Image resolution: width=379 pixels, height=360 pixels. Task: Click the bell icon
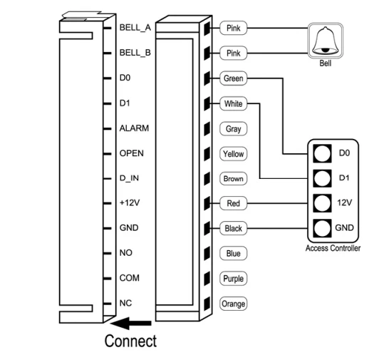tap(325, 41)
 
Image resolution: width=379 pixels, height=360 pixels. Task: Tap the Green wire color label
tap(233, 78)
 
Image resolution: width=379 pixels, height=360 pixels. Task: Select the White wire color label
tap(233, 103)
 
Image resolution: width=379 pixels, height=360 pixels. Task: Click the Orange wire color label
tap(233, 304)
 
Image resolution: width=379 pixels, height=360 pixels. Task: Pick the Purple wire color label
tap(233, 279)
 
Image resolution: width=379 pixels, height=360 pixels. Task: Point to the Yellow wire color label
tap(233, 154)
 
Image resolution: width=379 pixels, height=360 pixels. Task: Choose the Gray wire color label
tap(233, 129)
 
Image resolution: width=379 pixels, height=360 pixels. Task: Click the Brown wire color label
tap(233, 178)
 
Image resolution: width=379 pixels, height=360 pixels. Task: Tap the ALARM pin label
tap(134, 128)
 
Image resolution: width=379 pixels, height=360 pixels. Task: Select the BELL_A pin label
tap(135, 28)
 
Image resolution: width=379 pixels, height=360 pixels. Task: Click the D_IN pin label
tap(129, 178)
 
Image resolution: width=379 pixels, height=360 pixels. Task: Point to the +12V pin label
tap(130, 202)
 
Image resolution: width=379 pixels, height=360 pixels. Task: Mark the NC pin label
tap(125, 303)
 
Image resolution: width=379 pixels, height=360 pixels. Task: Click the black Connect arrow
tap(131, 323)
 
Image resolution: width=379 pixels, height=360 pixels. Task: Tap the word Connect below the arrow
tap(130, 341)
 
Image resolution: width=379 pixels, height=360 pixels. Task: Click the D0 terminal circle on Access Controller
tap(322, 153)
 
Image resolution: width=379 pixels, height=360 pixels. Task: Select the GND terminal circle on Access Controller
tap(322, 228)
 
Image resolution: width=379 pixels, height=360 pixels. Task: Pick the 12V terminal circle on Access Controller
tap(322, 203)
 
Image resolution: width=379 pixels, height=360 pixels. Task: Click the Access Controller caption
tap(333, 248)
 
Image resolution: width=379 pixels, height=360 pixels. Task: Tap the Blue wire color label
tap(233, 253)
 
